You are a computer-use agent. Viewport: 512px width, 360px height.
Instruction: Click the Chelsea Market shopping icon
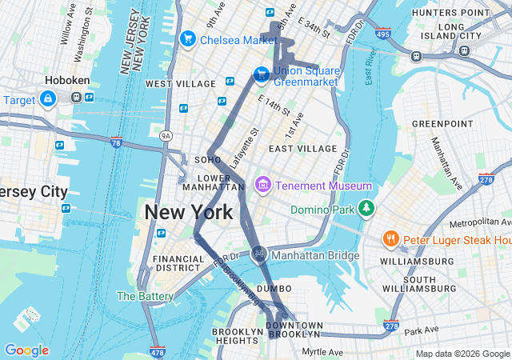coord(188,38)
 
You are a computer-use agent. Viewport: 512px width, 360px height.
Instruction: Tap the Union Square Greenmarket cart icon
coord(261,74)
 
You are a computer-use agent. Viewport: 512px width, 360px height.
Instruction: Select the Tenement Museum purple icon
coord(262,186)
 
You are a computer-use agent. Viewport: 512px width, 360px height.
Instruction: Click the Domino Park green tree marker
coord(366,208)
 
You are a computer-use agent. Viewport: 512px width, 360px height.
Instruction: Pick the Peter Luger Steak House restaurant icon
coord(390,238)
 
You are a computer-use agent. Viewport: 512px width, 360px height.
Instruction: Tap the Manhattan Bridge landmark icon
coord(258,254)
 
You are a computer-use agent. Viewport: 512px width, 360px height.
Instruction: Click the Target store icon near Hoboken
coord(48,98)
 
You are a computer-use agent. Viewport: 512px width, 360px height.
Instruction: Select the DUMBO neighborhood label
coord(274,288)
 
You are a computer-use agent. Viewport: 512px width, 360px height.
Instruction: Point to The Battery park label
coord(145,296)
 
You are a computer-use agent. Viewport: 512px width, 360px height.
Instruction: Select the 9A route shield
coord(166,135)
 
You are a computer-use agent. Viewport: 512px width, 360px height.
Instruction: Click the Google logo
coord(26,350)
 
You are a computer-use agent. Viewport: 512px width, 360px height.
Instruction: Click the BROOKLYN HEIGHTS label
coord(237,337)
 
